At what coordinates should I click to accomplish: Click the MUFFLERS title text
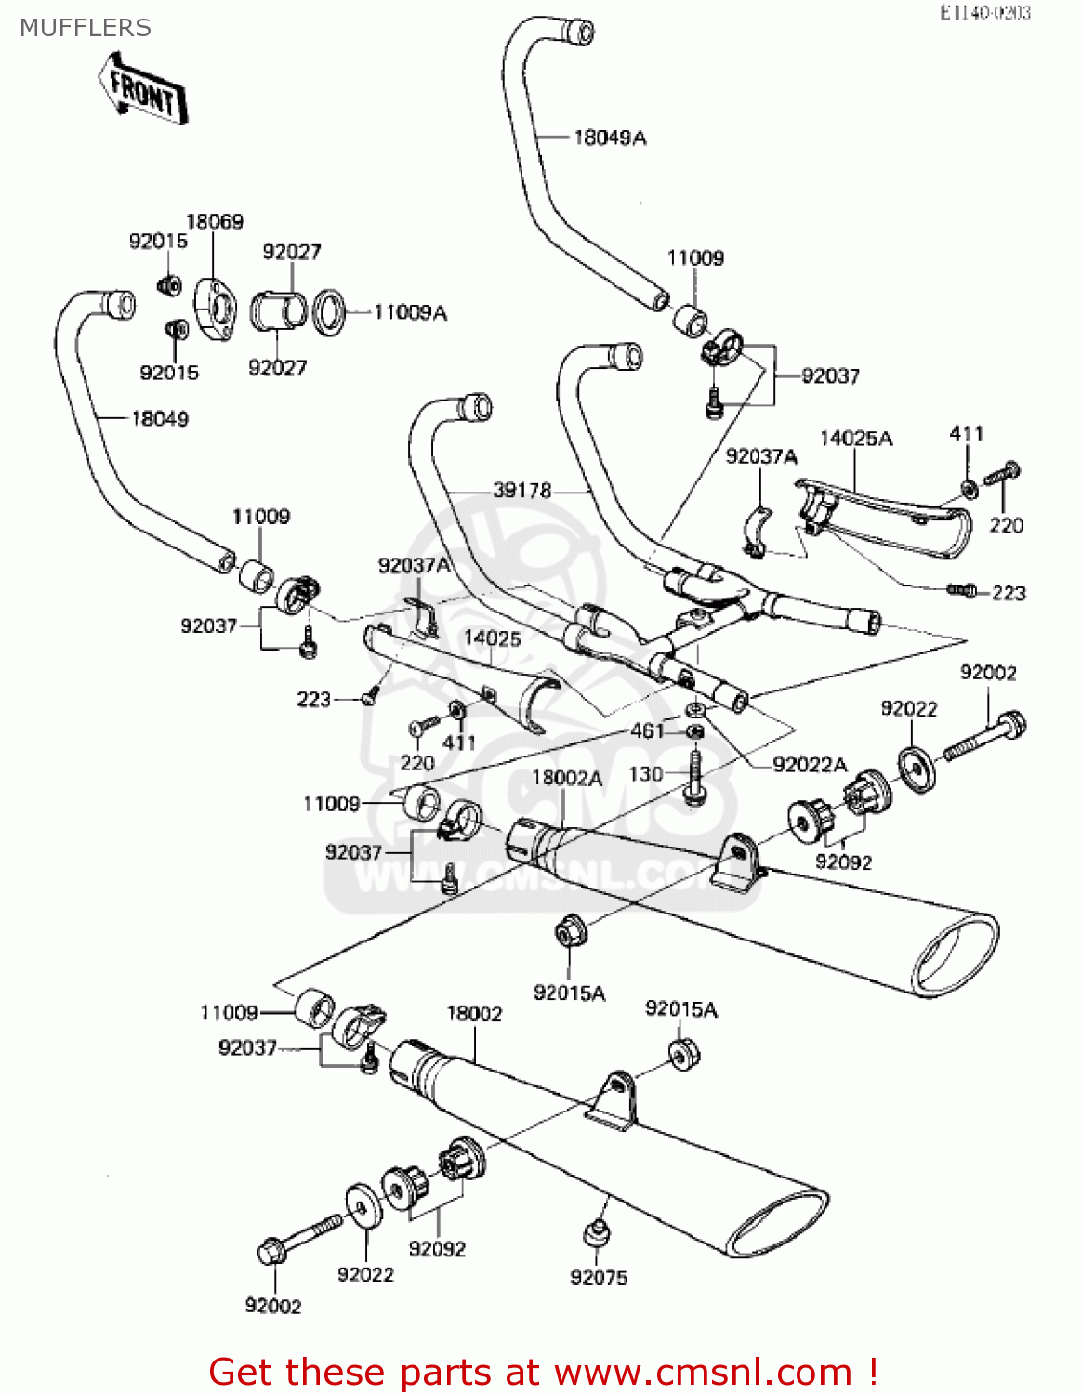[x=85, y=28]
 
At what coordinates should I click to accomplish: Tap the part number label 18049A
[x=610, y=138]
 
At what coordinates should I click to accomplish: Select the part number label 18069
[x=215, y=221]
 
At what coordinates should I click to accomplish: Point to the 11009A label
[x=410, y=312]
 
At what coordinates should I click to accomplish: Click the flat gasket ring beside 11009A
[x=328, y=312]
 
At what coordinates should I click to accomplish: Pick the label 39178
[x=521, y=490]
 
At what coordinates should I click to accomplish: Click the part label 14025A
[x=855, y=438]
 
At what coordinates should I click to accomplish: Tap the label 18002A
[x=567, y=778]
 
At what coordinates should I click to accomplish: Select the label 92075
[x=599, y=1278]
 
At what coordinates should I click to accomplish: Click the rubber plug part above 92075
[x=596, y=1234]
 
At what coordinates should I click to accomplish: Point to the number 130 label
[x=645, y=774]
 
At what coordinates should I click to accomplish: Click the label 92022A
[x=810, y=764]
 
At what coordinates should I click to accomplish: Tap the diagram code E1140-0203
[x=984, y=12]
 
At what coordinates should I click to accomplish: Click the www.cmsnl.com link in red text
[x=703, y=1373]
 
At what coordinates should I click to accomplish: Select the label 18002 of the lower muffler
[x=474, y=1013]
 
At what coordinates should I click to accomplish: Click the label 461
[x=647, y=730]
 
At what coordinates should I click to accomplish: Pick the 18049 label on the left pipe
[x=160, y=418]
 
